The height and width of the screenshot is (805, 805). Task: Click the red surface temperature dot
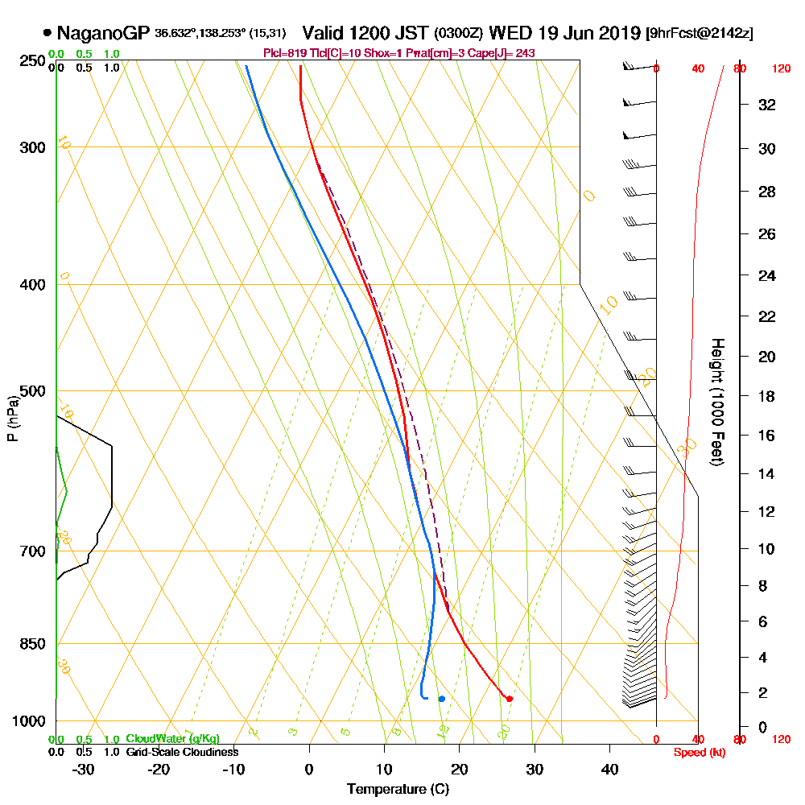click(510, 699)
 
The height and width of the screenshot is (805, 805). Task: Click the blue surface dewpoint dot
click(442, 699)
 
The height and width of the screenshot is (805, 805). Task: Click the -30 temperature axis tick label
click(83, 770)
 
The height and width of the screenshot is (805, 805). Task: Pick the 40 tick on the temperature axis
click(609, 770)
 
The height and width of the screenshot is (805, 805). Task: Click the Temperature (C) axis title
click(398, 789)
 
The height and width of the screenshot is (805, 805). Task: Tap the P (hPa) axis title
click(12, 419)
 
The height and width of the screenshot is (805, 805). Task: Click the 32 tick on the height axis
click(767, 105)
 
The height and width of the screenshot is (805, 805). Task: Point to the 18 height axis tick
click(767, 396)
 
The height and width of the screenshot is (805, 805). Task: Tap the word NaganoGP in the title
click(103, 33)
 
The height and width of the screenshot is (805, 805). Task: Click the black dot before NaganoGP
click(47, 33)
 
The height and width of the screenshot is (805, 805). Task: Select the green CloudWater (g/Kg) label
click(172, 739)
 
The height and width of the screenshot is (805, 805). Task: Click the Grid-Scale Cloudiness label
click(182, 752)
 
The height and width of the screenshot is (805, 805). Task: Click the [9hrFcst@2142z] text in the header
click(700, 34)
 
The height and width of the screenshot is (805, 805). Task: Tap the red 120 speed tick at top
click(781, 69)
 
